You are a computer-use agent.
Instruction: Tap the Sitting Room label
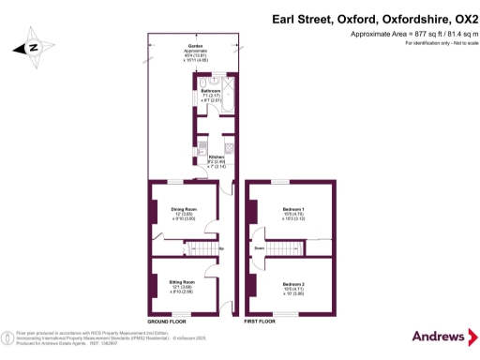coord(182,281)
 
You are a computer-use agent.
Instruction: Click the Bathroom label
coord(210,91)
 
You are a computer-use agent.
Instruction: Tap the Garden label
coord(195,46)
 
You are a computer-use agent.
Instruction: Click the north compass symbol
coord(31,47)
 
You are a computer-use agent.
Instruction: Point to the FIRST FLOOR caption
coord(260,322)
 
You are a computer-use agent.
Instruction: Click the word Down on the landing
coord(258,247)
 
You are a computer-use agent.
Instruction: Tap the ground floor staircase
coord(200,247)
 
